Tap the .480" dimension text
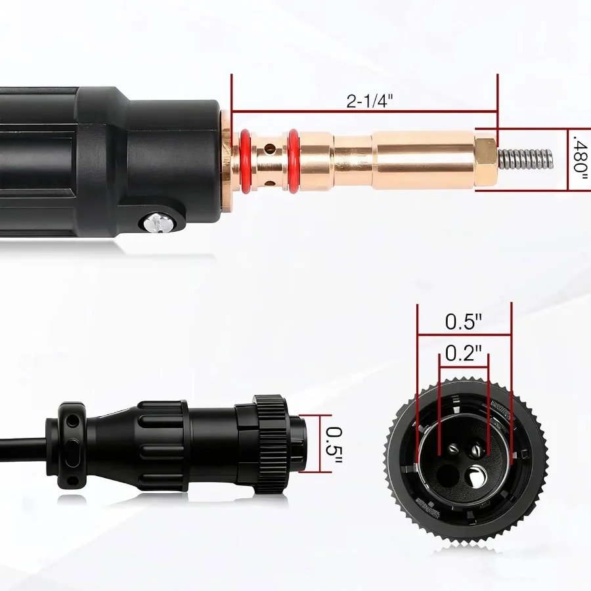(x=579, y=155)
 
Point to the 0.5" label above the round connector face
(x=464, y=322)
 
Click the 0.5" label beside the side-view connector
(x=334, y=444)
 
